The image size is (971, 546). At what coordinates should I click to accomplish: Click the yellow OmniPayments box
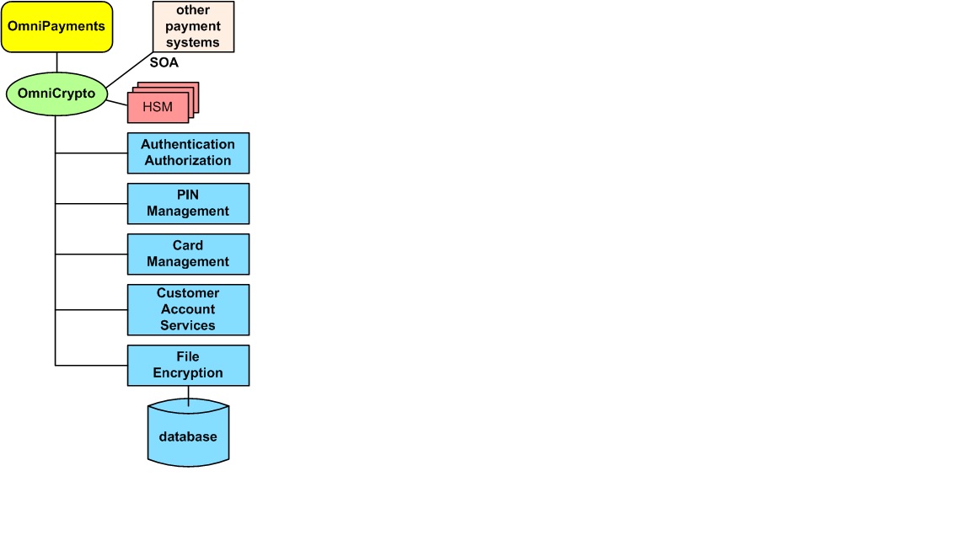(57, 27)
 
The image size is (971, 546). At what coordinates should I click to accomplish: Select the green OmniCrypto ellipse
(56, 94)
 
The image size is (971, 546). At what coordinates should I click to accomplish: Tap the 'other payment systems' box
(193, 27)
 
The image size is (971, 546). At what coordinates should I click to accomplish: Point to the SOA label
(164, 62)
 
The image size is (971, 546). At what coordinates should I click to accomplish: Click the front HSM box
(158, 107)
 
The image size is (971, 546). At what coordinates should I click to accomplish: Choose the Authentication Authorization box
(188, 153)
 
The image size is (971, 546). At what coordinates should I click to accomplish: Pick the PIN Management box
(188, 204)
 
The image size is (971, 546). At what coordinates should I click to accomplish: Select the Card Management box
(188, 254)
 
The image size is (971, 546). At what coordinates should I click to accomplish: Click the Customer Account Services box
(188, 310)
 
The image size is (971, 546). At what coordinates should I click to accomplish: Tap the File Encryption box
(188, 366)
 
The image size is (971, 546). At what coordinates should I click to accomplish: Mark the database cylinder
(188, 433)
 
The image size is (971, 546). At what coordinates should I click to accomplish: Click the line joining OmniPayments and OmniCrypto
(57, 62)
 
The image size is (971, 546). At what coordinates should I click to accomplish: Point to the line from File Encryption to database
(188, 396)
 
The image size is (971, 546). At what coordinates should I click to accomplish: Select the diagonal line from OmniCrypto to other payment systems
(130, 69)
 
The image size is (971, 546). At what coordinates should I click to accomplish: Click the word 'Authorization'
(188, 161)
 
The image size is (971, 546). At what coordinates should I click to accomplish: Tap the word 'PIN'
(188, 195)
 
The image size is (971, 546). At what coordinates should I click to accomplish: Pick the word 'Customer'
(188, 293)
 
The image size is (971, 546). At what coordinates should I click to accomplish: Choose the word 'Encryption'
(188, 373)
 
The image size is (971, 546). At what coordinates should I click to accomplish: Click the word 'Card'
(188, 246)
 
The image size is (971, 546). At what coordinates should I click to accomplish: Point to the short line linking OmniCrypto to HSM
(117, 102)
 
